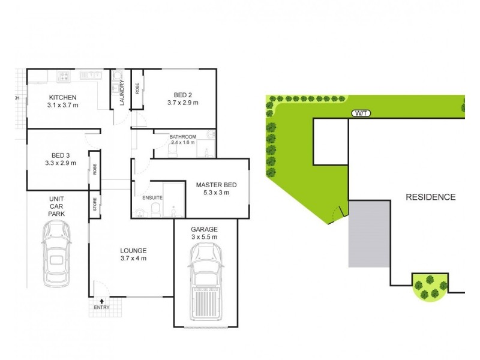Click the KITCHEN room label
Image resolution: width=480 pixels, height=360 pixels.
click(x=63, y=97)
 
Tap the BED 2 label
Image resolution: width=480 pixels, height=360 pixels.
click(x=182, y=95)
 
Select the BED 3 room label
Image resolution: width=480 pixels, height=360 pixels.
click(x=61, y=154)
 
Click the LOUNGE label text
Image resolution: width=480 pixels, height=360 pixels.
click(x=133, y=250)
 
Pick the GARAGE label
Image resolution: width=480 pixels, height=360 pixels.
click(x=204, y=229)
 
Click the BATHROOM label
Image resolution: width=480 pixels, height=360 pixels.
click(x=183, y=137)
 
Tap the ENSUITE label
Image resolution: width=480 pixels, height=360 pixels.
click(x=152, y=198)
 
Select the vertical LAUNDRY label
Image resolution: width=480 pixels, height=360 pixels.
click(x=122, y=94)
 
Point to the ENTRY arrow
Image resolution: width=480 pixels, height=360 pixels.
click(x=101, y=301)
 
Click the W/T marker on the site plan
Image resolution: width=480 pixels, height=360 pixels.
click(x=361, y=113)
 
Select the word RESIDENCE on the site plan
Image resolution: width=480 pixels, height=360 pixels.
click(x=431, y=197)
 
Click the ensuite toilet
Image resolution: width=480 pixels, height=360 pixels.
click(x=154, y=209)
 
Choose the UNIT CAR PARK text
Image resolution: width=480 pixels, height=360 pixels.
click(x=57, y=206)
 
